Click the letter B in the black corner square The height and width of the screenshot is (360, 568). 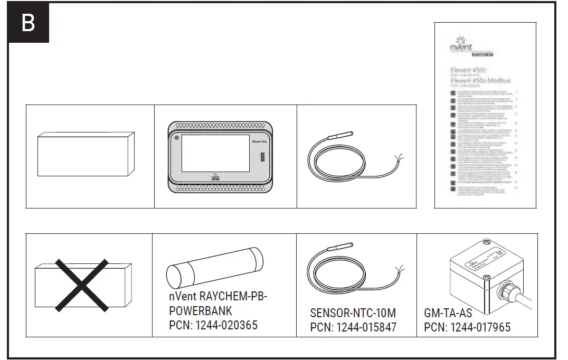[x=28, y=23]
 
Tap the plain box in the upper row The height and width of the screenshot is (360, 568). [x=86, y=154]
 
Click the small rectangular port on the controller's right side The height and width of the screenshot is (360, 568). [x=262, y=157]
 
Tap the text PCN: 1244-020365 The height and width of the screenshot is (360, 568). [x=213, y=325]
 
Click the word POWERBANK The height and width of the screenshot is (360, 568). [x=201, y=311]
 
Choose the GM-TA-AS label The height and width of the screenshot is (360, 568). [x=448, y=313]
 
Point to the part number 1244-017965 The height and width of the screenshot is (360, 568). [x=480, y=327]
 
